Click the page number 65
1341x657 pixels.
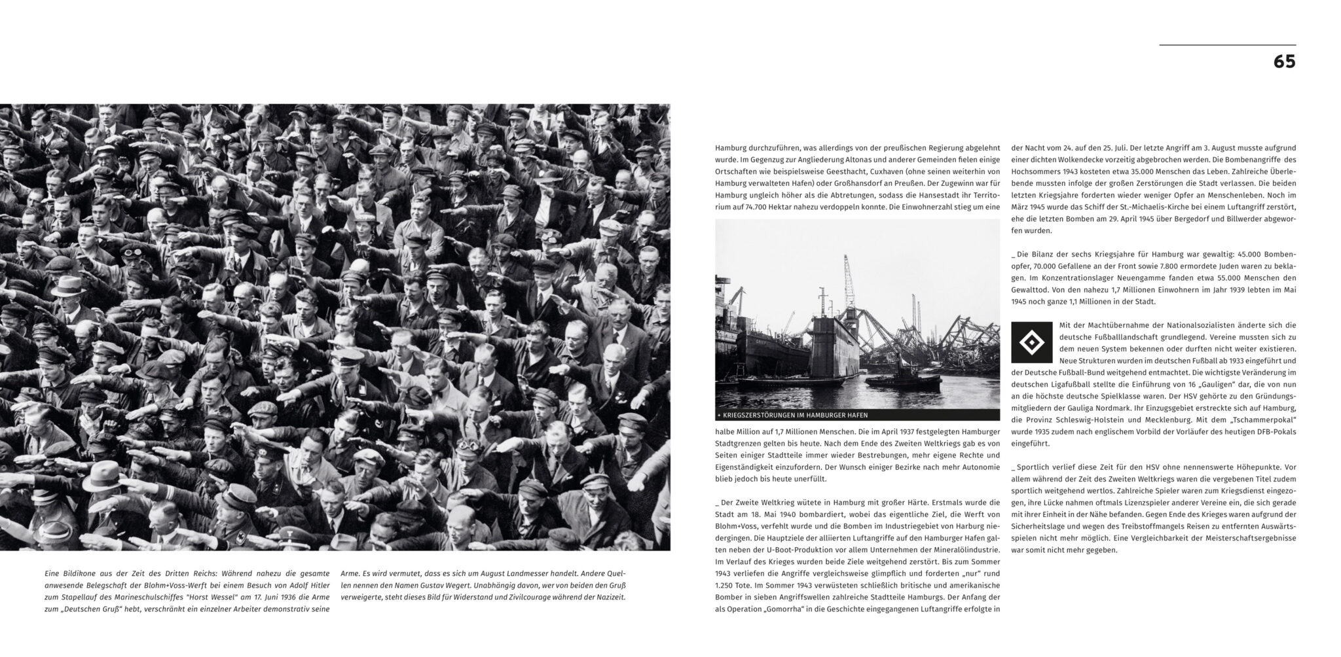point(1284,62)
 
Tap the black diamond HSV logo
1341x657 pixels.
point(1032,342)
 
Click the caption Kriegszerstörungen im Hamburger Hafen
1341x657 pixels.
point(795,415)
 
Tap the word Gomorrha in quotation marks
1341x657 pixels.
point(786,609)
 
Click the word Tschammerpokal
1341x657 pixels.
point(1264,419)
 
